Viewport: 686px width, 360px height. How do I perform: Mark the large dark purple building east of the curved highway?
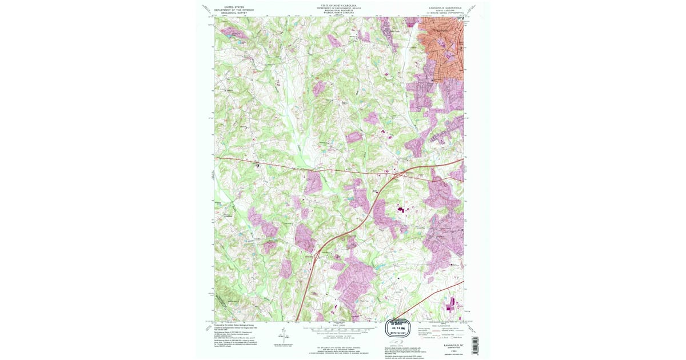(400, 210)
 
